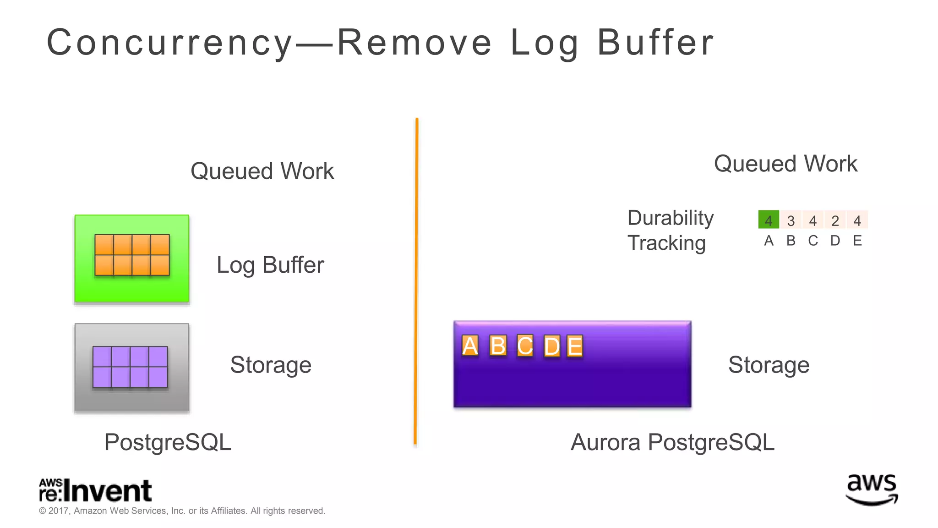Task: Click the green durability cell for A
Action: [x=769, y=220]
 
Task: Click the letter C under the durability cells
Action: [x=813, y=241]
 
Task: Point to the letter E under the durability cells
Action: [x=857, y=241]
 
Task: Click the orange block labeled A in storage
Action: [x=470, y=346]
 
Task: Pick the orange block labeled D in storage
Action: [x=552, y=346]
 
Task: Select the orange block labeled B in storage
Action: [x=498, y=346]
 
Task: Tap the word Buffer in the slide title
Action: [x=655, y=43]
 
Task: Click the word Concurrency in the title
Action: [x=169, y=43]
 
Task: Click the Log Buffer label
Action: [x=270, y=265]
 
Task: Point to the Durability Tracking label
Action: [x=670, y=230]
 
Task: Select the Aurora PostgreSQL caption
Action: [x=672, y=442]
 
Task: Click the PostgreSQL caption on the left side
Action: [x=168, y=442]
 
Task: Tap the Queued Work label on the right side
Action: [x=785, y=164]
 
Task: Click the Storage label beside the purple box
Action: [x=769, y=365]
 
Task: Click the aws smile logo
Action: [x=872, y=489]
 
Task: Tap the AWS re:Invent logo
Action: [x=95, y=490]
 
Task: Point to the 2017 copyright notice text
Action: [x=182, y=511]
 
